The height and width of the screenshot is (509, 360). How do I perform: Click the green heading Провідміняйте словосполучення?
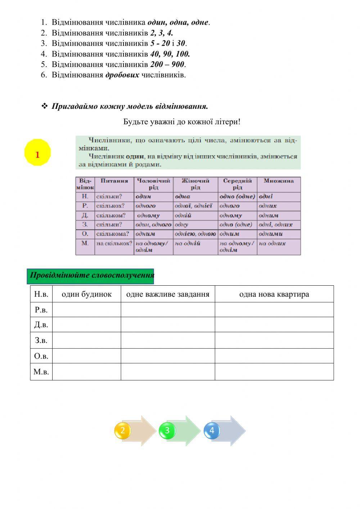[91, 276]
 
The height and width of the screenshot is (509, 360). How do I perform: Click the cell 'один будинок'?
[86, 294]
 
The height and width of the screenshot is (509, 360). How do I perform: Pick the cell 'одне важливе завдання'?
[168, 294]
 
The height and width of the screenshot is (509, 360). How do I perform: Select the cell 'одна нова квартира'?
[274, 294]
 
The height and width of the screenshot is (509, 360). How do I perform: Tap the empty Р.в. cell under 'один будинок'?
[86, 310]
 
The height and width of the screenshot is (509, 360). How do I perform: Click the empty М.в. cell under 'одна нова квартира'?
[274, 372]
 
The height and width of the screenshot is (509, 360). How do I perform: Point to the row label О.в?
[41, 356]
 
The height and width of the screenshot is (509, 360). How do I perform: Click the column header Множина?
[279, 181]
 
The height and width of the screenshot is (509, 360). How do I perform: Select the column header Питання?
[114, 181]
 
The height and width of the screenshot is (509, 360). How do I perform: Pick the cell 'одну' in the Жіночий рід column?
[182, 224]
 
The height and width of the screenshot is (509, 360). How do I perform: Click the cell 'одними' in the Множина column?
[271, 234]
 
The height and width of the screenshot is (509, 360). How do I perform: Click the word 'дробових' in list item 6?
[122, 75]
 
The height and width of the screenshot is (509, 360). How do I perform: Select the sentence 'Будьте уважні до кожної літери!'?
[182, 122]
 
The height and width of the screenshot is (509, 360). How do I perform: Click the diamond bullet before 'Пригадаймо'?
[45, 106]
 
